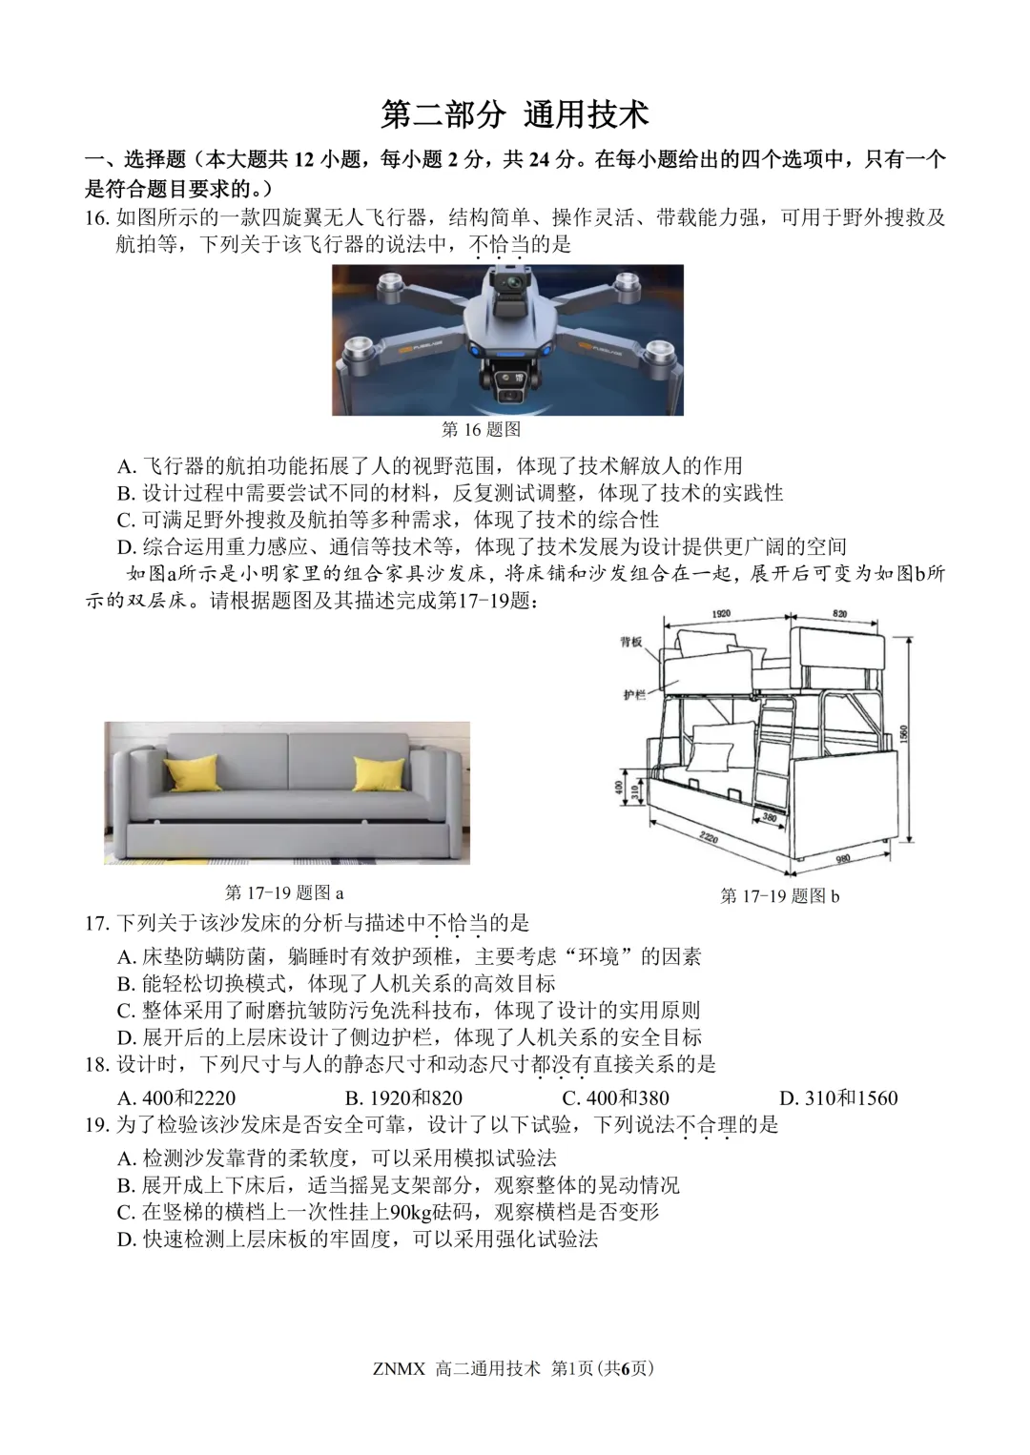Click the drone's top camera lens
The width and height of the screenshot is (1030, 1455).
pyautogui.click(x=507, y=283)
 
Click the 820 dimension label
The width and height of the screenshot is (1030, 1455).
pyautogui.click(x=840, y=614)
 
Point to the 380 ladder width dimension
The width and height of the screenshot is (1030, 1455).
pyautogui.click(x=769, y=817)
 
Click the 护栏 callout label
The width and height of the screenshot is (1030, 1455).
pyautogui.click(x=632, y=695)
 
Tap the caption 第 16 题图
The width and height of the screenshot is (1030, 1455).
pyautogui.click(x=482, y=430)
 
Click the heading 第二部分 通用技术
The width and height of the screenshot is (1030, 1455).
pyautogui.click(x=515, y=113)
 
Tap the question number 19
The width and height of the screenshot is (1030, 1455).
pyautogui.click(x=97, y=1125)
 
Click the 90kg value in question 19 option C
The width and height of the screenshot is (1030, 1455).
pyautogui.click(x=407, y=1212)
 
